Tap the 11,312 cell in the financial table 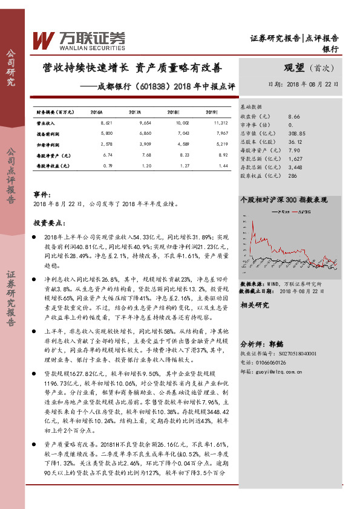[x=211, y=122]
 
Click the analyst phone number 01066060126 [x=272, y=362]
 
